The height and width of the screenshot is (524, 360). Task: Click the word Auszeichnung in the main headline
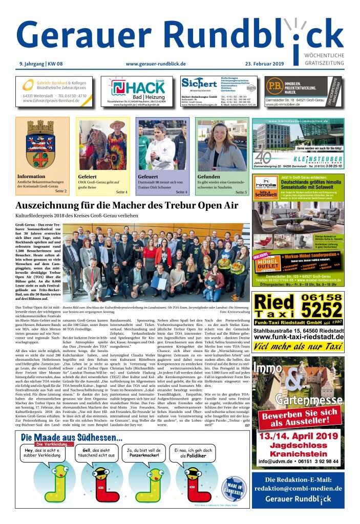coord(49,206)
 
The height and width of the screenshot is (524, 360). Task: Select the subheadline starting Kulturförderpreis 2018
coord(77,216)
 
